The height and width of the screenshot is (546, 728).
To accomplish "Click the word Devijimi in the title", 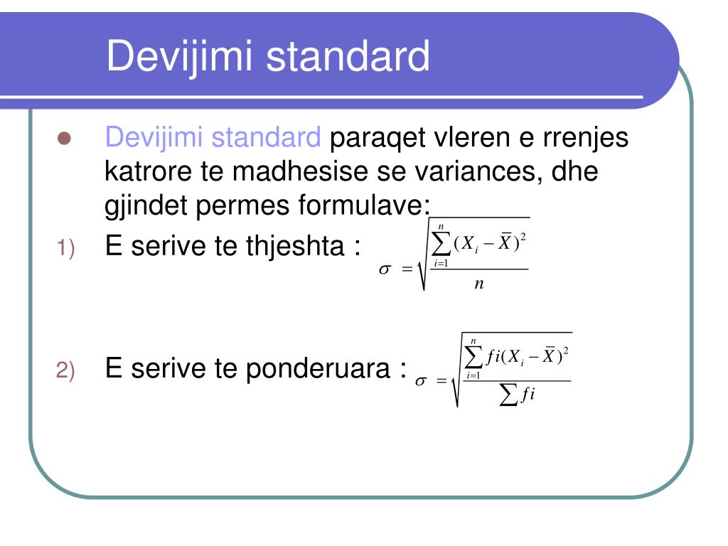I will pyautogui.click(x=181, y=56).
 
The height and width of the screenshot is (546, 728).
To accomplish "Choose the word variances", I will pyautogui.click(x=469, y=171).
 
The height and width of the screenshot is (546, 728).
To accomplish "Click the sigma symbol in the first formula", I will pyautogui.click(x=386, y=269).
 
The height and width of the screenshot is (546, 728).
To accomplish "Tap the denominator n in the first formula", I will pyautogui.click(x=478, y=284).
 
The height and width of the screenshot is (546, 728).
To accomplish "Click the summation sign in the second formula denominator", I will pyautogui.click(x=508, y=397).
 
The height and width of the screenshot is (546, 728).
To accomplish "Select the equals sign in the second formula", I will pyautogui.click(x=442, y=382).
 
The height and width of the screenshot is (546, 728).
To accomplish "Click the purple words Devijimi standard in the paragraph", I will pyautogui.click(x=213, y=137).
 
